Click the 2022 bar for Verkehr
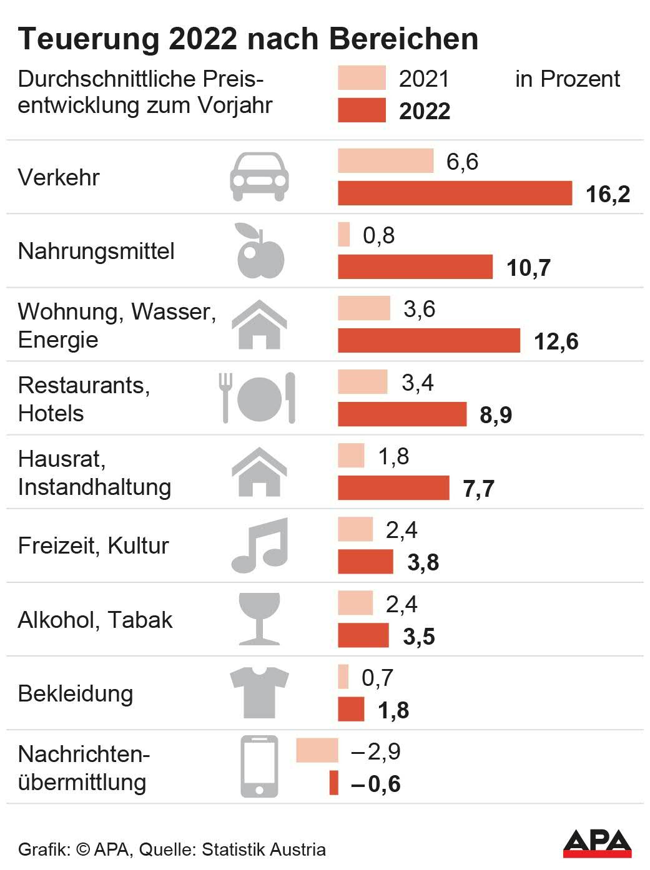coord(455,193)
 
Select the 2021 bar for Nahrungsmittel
coord(344,235)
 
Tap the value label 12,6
coord(556,341)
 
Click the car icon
coord(259,177)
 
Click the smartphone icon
coord(259,766)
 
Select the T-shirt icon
coord(259,692)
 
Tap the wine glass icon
coord(259,618)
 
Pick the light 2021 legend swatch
coord(362,78)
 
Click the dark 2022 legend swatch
coord(362,110)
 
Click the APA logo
coord(597,844)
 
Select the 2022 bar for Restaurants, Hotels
coord(402,414)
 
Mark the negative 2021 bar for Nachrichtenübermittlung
coord(317,750)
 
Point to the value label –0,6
coord(375,784)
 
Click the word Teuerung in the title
coord(89,39)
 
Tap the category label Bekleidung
coord(76,693)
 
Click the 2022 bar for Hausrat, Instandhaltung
coord(393,488)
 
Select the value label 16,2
coord(608,194)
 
